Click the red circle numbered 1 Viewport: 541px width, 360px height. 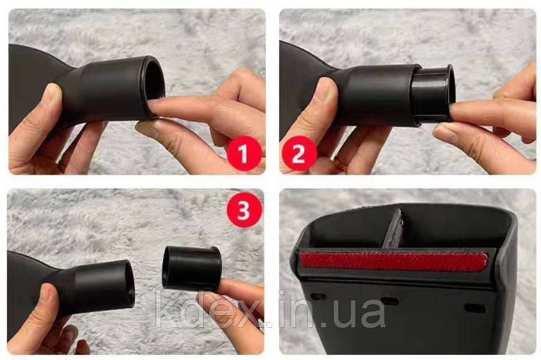[x=244, y=153]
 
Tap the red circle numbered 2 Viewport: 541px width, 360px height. [x=299, y=153]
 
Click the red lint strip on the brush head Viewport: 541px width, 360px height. [x=394, y=261]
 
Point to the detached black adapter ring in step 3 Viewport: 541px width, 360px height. [x=191, y=268]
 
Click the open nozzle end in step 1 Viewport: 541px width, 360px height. [x=153, y=87]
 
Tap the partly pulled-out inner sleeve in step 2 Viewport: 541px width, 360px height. [x=434, y=93]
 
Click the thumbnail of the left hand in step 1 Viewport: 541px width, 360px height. [x=52, y=92]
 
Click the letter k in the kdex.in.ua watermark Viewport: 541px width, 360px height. [x=166, y=309]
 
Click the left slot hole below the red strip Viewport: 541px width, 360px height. [x=318, y=296]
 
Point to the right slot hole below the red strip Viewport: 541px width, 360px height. [x=475, y=308]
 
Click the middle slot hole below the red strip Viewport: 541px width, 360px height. [x=390, y=302]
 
